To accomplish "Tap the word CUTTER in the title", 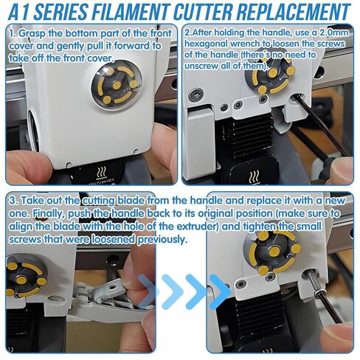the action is (204, 11).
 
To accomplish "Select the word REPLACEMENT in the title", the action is (294, 11).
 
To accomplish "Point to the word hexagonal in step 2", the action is (206, 44).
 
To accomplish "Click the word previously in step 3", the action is (162, 239).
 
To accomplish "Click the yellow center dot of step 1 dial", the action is (117, 86).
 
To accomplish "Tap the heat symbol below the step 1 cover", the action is (102, 173).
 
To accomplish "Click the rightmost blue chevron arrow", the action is (220, 292).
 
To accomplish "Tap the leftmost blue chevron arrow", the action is (148, 292).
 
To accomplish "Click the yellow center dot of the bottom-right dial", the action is (274, 251).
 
